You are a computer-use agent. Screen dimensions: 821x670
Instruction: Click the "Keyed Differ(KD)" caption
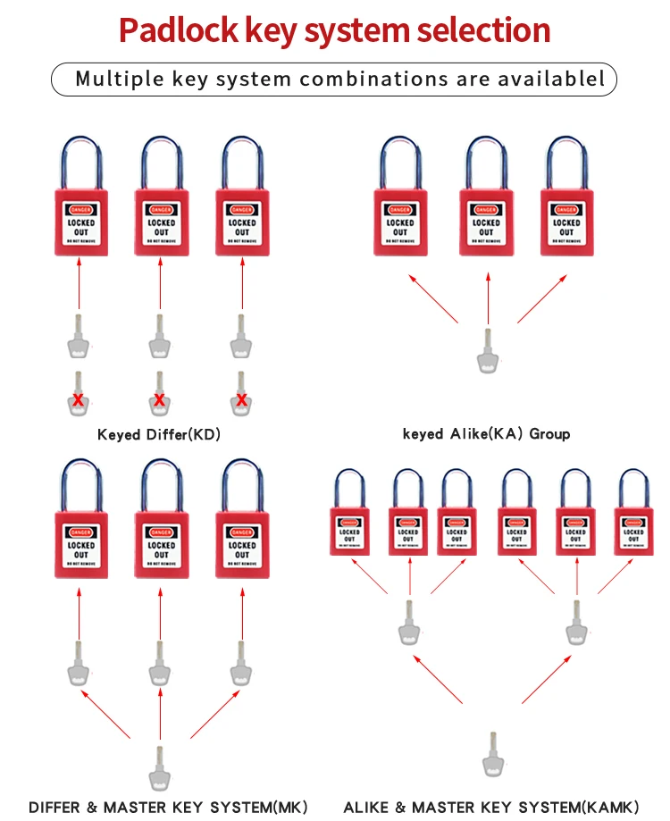[159, 435]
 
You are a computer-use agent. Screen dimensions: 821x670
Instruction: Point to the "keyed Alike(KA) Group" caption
[486, 434]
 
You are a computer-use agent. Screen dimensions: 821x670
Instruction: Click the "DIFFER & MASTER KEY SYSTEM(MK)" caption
[168, 808]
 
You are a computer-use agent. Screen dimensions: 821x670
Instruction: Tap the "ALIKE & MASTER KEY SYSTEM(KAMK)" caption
[491, 808]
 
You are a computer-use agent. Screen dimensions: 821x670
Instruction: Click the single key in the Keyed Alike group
[488, 351]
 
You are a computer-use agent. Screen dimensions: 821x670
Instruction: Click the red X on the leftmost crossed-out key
[79, 399]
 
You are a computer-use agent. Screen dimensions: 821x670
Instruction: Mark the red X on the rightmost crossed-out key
[241, 399]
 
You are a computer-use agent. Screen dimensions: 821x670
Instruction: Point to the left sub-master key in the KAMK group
[409, 623]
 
